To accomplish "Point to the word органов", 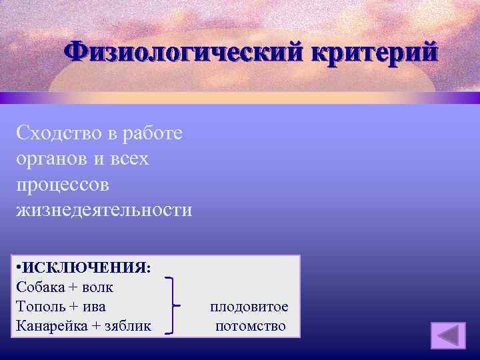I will (x=54, y=158).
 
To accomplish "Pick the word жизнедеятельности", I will (x=104, y=210).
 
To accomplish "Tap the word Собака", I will (x=39, y=288).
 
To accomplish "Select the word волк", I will (x=99, y=288).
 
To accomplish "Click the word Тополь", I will (x=39, y=307).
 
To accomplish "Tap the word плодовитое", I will (x=249, y=307).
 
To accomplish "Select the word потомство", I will (x=250, y=326).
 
